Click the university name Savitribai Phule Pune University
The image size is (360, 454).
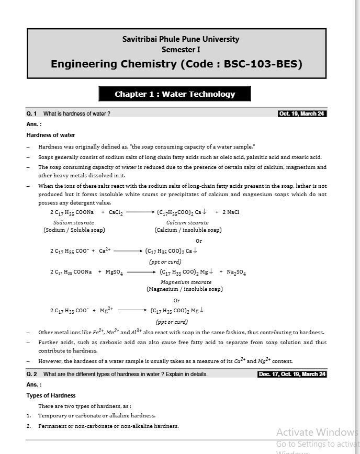181,39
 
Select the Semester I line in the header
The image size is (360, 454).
181,50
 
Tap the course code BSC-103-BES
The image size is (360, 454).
263,64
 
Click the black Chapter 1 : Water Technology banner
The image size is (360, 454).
175,94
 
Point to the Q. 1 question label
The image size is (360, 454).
31,113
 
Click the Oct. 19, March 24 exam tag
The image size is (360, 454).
302,113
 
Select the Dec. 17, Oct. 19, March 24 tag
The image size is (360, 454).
292,374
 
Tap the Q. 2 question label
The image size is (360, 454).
31,374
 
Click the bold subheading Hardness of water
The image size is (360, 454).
51,135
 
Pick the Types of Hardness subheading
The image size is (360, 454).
51,395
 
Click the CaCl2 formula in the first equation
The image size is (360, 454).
116,212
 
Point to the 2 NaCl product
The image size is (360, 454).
231,212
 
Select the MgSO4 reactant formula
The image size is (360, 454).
114,272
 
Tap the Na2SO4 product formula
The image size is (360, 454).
237,272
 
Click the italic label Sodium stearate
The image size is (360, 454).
74,223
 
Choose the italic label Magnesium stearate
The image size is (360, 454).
182,282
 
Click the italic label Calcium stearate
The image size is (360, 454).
187,223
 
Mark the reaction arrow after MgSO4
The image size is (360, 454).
141,272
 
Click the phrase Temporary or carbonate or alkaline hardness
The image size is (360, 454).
97,415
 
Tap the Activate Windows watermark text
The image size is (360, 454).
316,433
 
